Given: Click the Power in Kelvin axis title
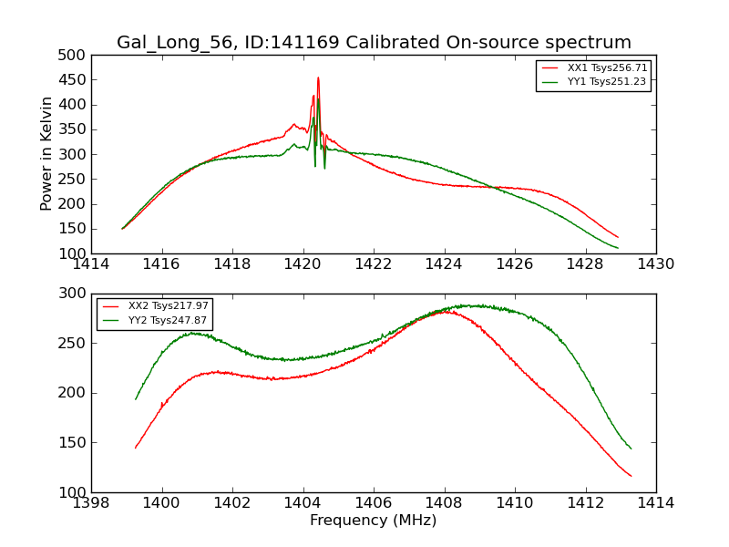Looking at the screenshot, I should click(46, 154).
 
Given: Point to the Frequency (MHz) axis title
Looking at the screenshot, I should click(373, 521).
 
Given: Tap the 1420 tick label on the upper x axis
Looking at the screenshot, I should click(303, 264).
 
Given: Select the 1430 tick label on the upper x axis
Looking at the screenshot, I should click(655, 264).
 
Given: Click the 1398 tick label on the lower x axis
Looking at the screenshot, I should click(91, 503).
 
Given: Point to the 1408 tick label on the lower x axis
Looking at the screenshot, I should click(444, 503).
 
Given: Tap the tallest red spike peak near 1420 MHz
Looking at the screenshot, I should click(318, 78).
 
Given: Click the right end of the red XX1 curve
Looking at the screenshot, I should click(618, 237).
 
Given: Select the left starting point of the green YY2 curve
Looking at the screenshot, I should click(136, 399).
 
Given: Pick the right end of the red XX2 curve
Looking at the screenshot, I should click(631, 476).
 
